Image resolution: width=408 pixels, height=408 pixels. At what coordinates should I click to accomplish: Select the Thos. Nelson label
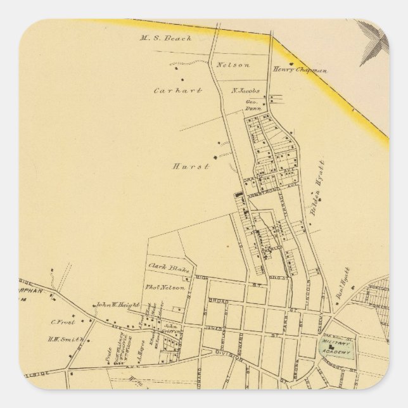click(x=166, y=288)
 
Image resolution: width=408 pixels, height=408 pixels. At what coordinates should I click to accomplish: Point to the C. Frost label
click(x=60, y=321)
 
